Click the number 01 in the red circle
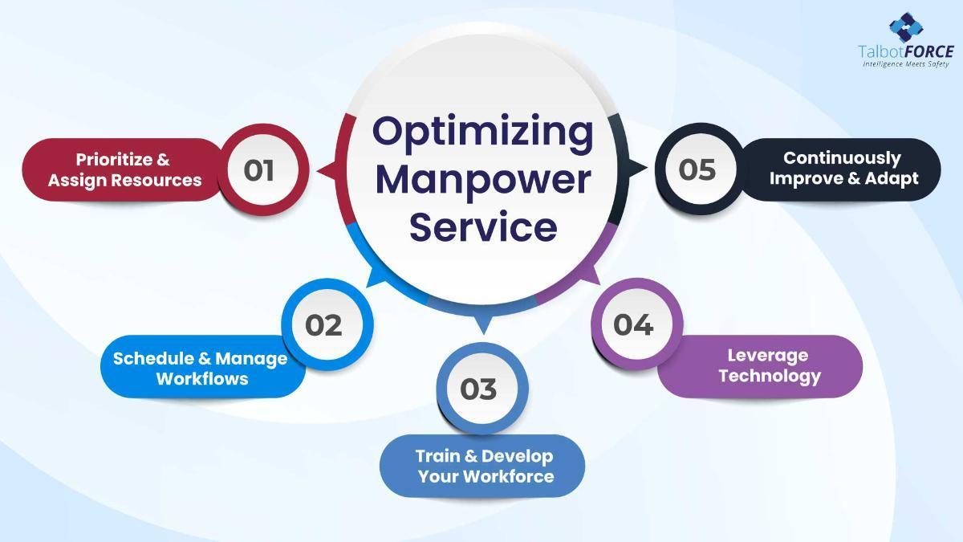[x=258, y=170]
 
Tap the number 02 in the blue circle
[x=323, y=325]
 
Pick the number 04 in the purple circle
[x=633, y=324]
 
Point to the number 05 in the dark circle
[x=697, y=169]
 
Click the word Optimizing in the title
[x=483, y=132]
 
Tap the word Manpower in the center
[x=483, y=180]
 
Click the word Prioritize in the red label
[x=114, y=160]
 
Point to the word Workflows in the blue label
[x=202, y=379]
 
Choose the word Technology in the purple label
[x=770, y=377]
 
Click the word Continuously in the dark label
[x=842, y=158]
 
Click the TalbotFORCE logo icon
[x=906, y=27]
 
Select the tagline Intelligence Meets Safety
[x=906, y=64]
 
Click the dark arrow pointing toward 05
[x=636, y=168]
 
